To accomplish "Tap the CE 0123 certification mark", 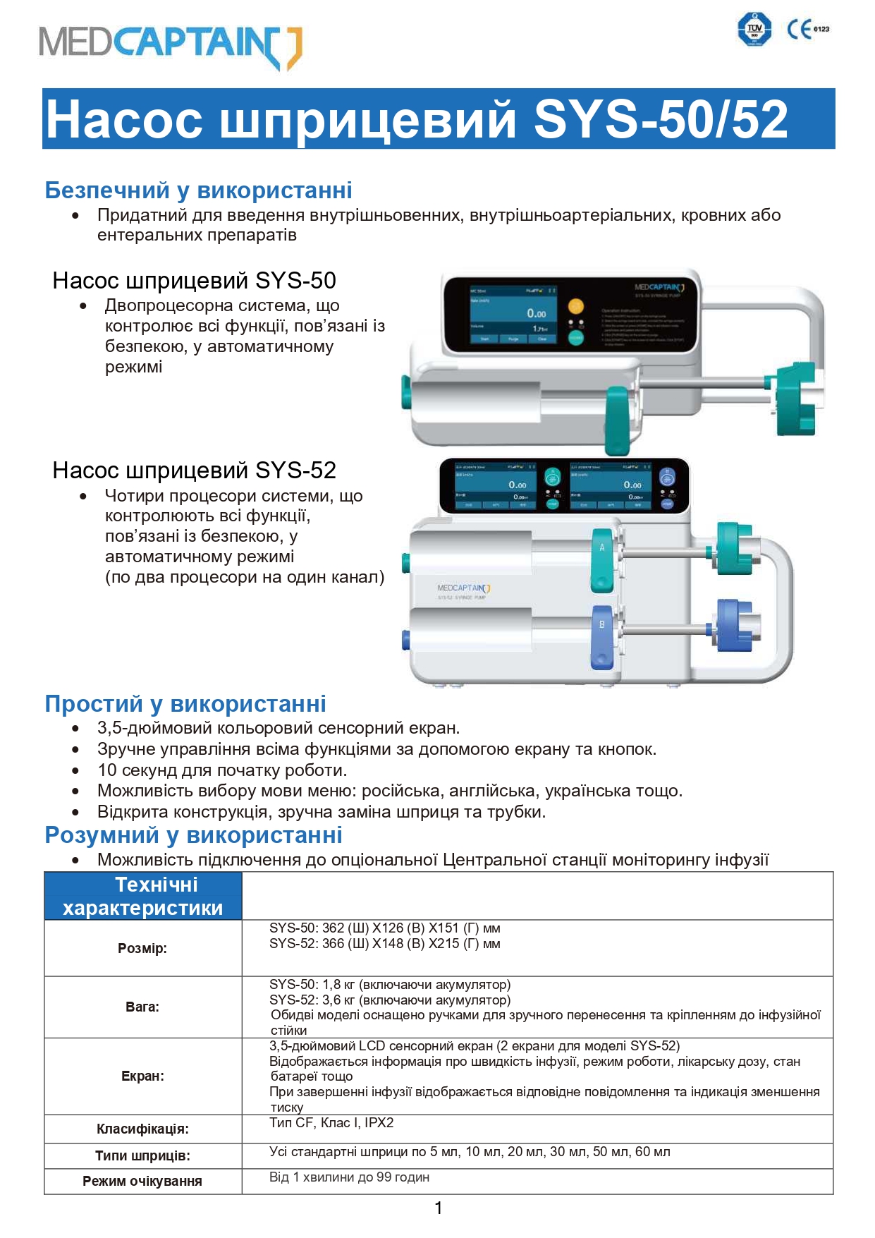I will (807, 29).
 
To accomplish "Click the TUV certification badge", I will (754, 29).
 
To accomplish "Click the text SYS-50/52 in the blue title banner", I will (660, 119).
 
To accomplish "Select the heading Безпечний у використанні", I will (198, 190).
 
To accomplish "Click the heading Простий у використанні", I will (185, 703).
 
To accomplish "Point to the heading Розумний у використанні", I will (193, 835).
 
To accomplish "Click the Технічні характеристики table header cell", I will (143, 896).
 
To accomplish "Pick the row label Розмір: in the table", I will (142, 948).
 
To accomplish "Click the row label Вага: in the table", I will (142, 1007).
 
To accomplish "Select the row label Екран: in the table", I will (142, 1076).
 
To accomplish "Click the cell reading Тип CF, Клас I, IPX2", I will (331, 1122).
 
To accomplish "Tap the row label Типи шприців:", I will (142, 1155).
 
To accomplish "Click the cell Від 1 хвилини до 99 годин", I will (349, 1177).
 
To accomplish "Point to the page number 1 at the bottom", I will (438, 1208).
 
